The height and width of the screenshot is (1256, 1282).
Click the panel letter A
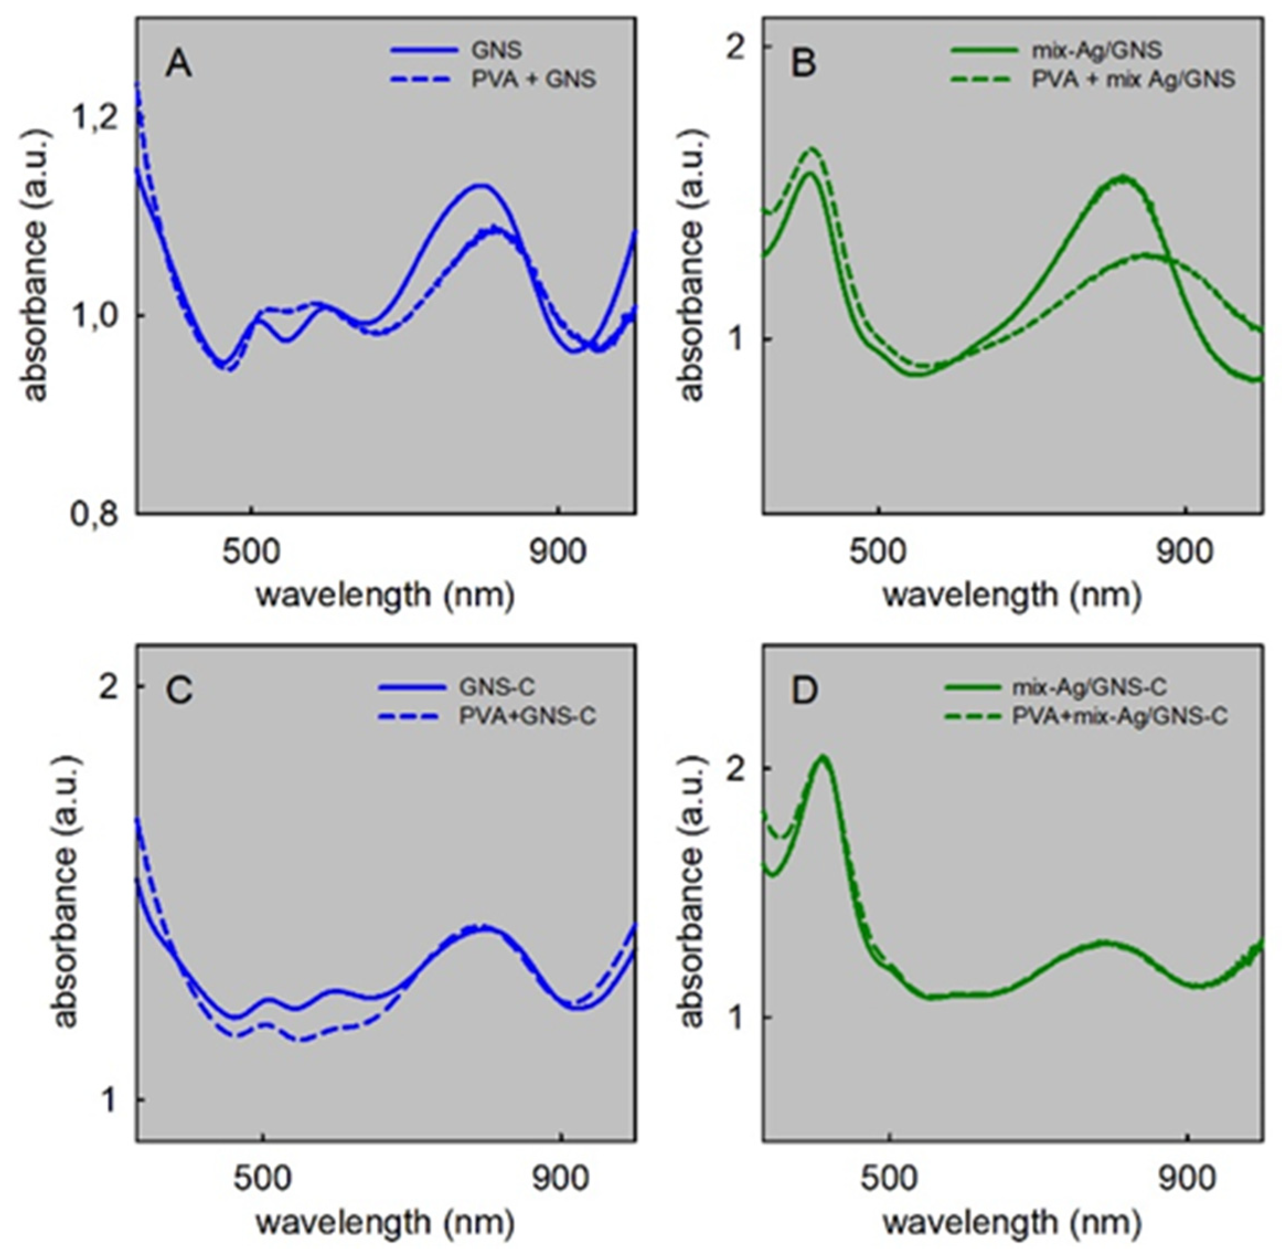point(178,65)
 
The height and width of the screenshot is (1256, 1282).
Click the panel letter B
point(803,65)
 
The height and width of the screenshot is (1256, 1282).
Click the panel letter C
point(179,690)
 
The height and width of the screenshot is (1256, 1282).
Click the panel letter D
point(804,690)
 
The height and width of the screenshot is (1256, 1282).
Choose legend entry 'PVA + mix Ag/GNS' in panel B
point(1133,79)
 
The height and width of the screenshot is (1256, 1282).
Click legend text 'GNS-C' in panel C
point(496,686)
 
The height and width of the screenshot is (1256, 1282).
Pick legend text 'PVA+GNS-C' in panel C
point(527,716)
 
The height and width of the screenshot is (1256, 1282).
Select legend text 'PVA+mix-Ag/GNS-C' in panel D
point(1119,716)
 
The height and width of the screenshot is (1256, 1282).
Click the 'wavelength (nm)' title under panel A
point(385,595)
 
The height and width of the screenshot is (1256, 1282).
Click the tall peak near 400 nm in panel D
point(822,757)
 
